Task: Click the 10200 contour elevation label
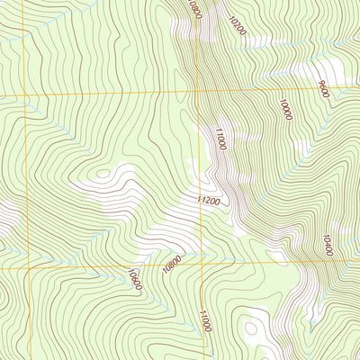(237, 24)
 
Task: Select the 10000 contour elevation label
(285, 110)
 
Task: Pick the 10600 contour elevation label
(135, 279)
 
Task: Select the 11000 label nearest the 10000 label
(219, 139)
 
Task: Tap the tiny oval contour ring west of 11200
(104, 172)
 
